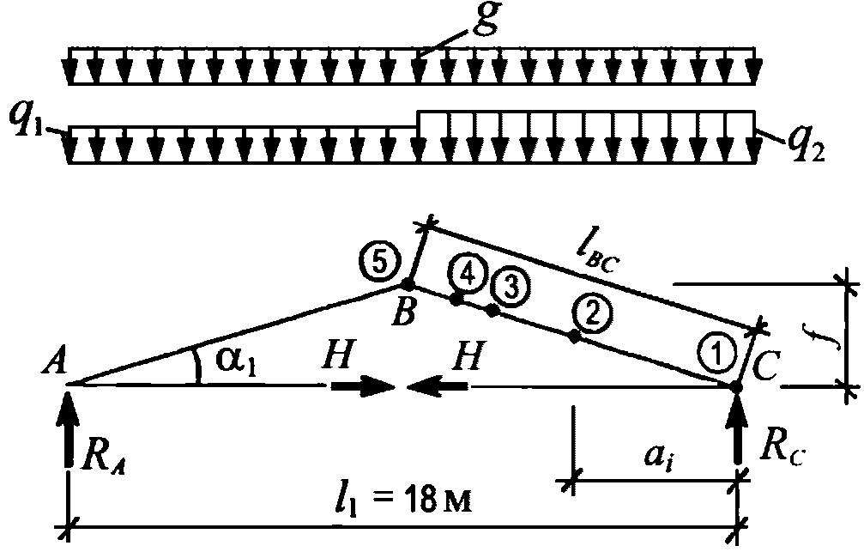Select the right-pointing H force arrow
tap(360, 387)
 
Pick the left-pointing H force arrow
tap(439, 387)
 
